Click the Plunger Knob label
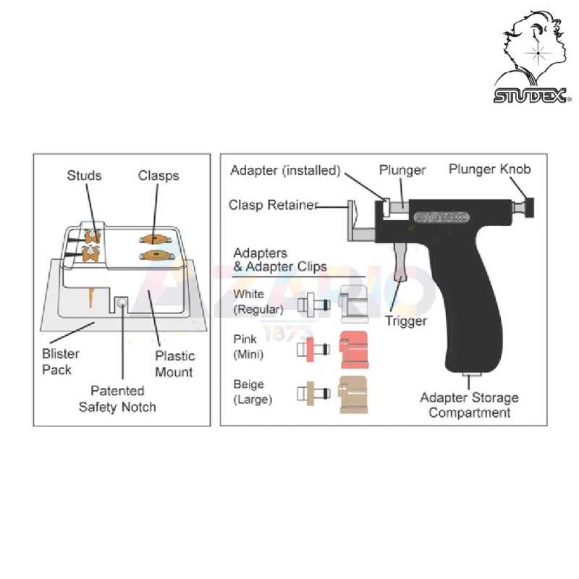pos(490,169)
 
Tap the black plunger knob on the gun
pos(529,208)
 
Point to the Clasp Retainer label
pos(274,205)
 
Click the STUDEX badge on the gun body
pos(441,217)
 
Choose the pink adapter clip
pos(354,350)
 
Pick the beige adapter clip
pos(353,394)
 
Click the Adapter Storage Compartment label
pos(469,405)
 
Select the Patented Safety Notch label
pos(117,399)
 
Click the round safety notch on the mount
pos(121,303)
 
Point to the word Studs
pos(84,175)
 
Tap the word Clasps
pos(159,175)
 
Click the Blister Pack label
pos(61,361)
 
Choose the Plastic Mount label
pos(174,364)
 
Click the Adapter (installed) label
pos(285,170)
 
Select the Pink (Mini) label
pos(248,347)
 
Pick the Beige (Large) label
pos(253,392)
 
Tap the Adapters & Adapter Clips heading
pos(280,260)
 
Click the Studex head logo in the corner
pos(533,56)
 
